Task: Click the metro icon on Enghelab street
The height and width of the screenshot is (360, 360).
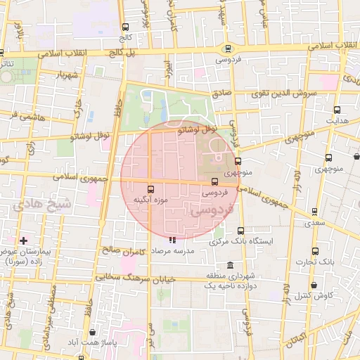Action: point(227,49)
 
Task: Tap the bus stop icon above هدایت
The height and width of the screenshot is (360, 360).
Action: point(337,110)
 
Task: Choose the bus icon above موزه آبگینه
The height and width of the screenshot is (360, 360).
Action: point(150,188)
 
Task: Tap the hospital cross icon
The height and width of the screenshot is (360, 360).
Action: point(23,240)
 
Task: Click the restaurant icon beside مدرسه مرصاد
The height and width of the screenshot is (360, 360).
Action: point(173,240)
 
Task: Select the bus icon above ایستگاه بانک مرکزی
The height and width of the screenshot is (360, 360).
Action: point(241,231)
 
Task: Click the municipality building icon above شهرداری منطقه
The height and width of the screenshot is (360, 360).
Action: point(212,263)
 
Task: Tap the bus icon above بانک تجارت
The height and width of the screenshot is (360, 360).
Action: point(314,250)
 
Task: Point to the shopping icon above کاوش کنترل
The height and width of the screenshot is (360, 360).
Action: point(313,285)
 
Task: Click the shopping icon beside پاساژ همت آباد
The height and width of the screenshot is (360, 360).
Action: point(93,332)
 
